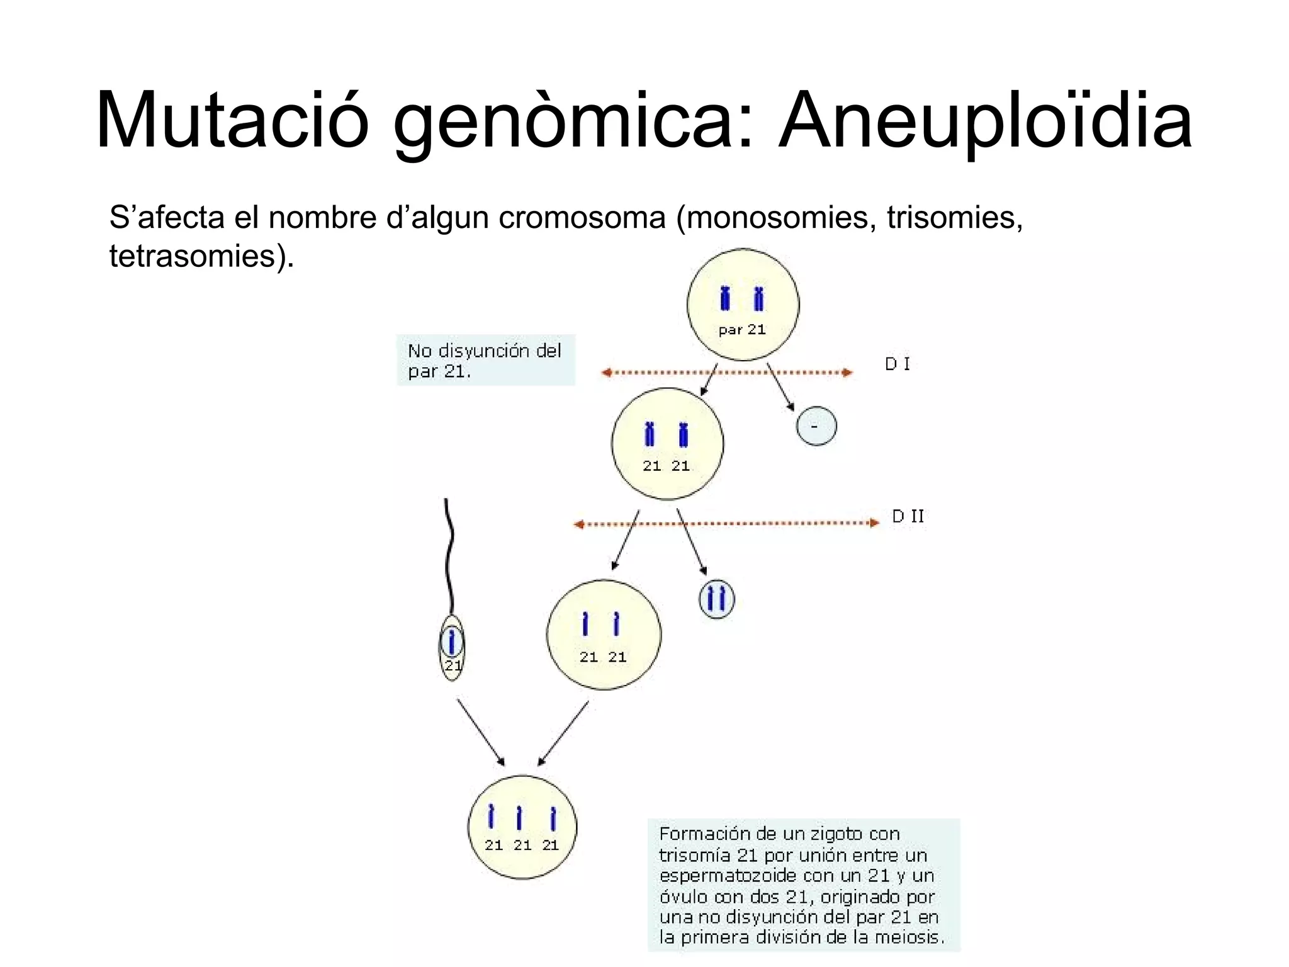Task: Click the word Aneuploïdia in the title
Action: (x=985, y=121)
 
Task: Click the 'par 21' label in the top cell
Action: (x=742, y=329)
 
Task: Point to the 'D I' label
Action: (x=897, y=365)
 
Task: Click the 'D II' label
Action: (x=908, y=517)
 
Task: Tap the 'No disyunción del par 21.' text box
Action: (x=485, y=360)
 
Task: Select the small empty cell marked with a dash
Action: (x=816, y=426)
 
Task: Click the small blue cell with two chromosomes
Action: (x=716, y=598)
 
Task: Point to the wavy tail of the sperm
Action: (x=449, y=554)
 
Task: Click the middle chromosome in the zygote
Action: (x=519, y=818)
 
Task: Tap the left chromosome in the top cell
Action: (x=725, y=298)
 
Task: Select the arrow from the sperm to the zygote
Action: (x=480, y=732)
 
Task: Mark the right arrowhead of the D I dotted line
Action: (x=848, y=373)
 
